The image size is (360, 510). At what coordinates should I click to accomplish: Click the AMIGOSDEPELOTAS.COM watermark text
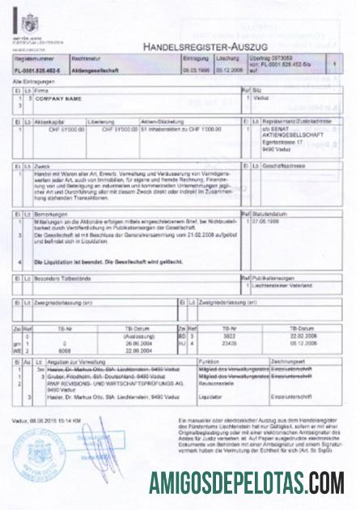(x=247, y=483)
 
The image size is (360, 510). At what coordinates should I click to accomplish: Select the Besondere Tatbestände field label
(x=61, y=278)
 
